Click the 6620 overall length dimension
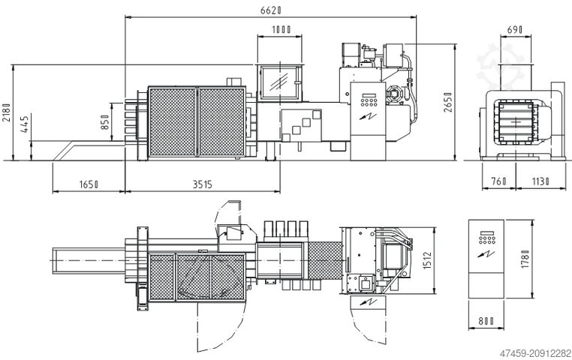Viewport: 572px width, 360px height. (x=271, y=10)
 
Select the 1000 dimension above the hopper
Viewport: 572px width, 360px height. (x=281, y=29)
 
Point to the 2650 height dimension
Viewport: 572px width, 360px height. (x=448, y=103)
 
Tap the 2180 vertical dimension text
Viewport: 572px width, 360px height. (x=6, y=112)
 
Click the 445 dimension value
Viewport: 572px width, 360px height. (x=25, y=124)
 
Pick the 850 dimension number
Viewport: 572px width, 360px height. (x=105, y=122)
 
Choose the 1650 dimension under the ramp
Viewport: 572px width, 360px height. (x=89, y=184)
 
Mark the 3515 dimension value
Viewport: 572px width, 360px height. (x=202, y=184)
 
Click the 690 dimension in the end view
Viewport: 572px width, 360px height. (x=515, y=29)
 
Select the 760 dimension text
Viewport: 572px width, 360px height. (x=498, y=181)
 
